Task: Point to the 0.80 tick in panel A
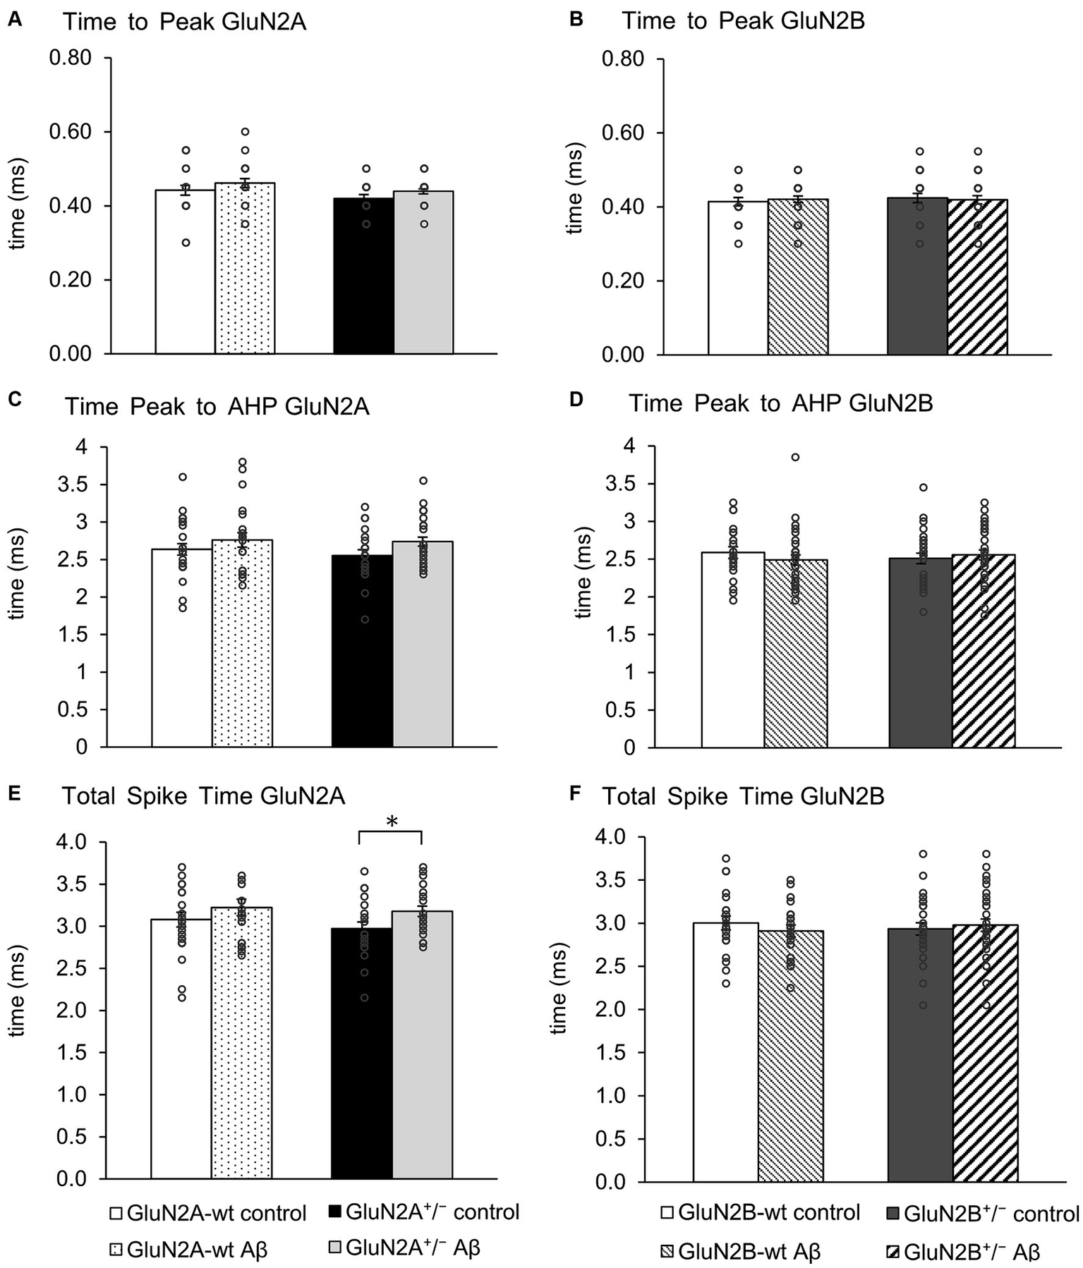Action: pyautogui.click(x=71, y=58)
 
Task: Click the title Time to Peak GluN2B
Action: pyautogui.click(x=743, y=21)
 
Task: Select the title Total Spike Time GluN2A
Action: pyautogui.click(x=204, y=796)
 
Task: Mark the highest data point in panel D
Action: pyautogui.click(x=795, y=457)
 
